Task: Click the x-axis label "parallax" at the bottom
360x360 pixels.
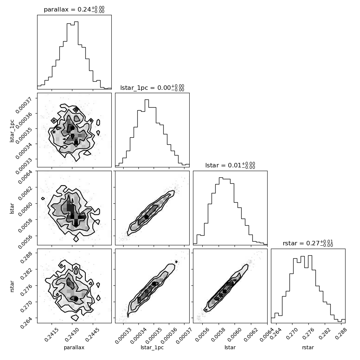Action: (x=74, y=348)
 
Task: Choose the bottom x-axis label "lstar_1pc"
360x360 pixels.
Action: (x=152, y=348)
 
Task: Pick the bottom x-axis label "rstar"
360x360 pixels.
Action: (x=308, y=347)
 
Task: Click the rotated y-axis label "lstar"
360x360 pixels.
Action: (x=12, y=208)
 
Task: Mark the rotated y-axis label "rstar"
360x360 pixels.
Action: (x=12, y=286)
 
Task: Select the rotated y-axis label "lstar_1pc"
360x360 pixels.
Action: (x=12, y=130)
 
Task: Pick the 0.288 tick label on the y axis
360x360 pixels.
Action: (x=26, y=257)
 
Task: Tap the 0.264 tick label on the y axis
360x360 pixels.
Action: (x=26, y=323)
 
